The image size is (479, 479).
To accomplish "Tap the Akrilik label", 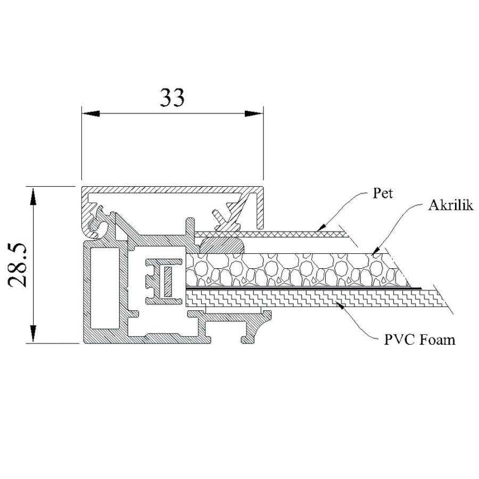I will (x=450, y=206).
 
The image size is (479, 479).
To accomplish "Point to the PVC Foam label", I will (x=420, y=339).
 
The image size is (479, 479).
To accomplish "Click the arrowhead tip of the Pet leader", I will (x=317, y=230).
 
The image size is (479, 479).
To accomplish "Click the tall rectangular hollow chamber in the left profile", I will (x=99, y=287).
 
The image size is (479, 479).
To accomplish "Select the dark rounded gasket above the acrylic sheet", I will (x=222, y=246).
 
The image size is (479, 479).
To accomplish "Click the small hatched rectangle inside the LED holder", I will (x=168, y=280).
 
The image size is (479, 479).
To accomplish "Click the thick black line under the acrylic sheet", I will (x=303, y=288).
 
